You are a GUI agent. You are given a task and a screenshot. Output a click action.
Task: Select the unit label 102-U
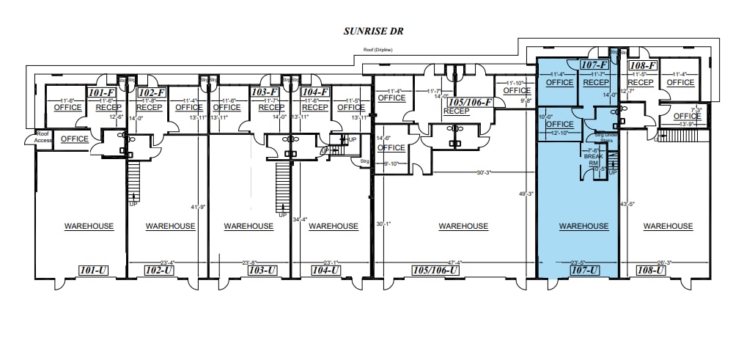(159, 271)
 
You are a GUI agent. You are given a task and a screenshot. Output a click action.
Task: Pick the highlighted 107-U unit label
(583, 271)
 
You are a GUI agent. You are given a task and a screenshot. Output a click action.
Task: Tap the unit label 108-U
(651, 271)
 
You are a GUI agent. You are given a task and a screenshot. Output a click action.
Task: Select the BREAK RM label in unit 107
(592, 159)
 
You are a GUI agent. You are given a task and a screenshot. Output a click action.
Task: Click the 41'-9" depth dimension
(198, 207)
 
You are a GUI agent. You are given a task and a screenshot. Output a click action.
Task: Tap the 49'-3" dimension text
(526, 194)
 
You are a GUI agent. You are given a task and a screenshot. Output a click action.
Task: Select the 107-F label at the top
(594, 65)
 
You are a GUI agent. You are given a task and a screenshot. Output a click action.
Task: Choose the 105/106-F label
(469, 102)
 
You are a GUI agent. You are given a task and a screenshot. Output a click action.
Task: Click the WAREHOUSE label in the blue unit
(583, 226)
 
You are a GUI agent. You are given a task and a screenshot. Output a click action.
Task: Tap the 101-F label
(100, 93)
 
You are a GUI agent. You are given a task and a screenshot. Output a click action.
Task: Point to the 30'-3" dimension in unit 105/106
(483, 172)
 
